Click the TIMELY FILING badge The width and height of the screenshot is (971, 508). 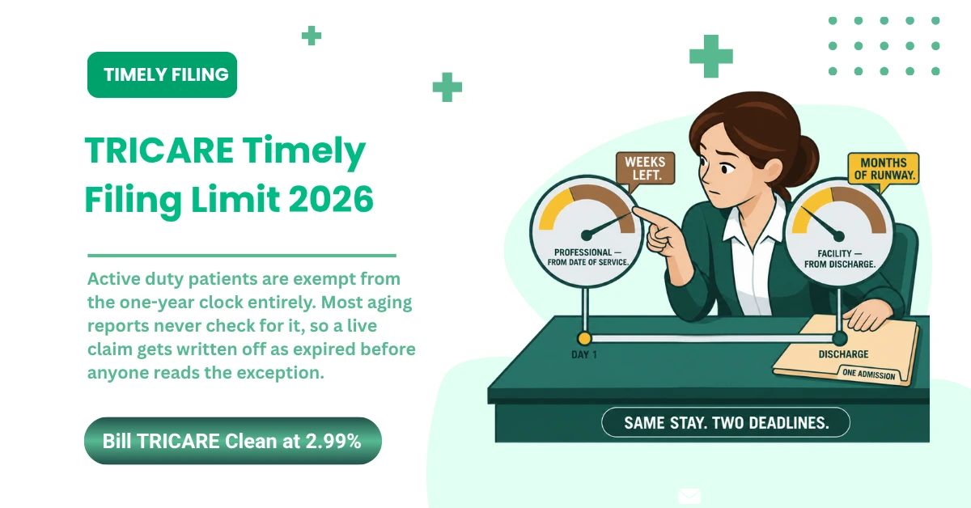coord(162,74)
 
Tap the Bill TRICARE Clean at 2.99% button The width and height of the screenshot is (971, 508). coord(233,441)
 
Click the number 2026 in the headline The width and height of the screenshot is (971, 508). coord(331,199)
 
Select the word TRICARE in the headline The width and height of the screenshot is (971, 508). coord(159,150)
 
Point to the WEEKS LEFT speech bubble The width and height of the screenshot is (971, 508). coord(645,168)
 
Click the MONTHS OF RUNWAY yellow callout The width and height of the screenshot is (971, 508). coord(883,169)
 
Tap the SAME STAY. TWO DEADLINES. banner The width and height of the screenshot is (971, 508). coord(726,422)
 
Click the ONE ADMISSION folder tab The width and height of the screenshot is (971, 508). coord(869,374)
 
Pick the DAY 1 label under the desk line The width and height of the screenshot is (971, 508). coord(584,354)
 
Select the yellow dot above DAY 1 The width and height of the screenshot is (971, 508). coord(584,338)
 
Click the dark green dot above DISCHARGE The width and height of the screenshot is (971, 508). coord(840,338)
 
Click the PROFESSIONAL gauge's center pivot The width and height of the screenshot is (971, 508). coord(586,235)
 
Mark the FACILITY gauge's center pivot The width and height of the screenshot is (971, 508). coord(839,236)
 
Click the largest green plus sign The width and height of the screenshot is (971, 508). coord(711,57)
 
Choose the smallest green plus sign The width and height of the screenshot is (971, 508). coord(312,36)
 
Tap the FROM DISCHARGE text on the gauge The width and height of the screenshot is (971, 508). coord(840,264)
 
